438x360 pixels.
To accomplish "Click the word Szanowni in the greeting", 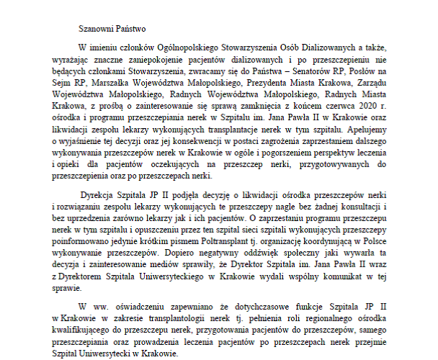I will [98, 30].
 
